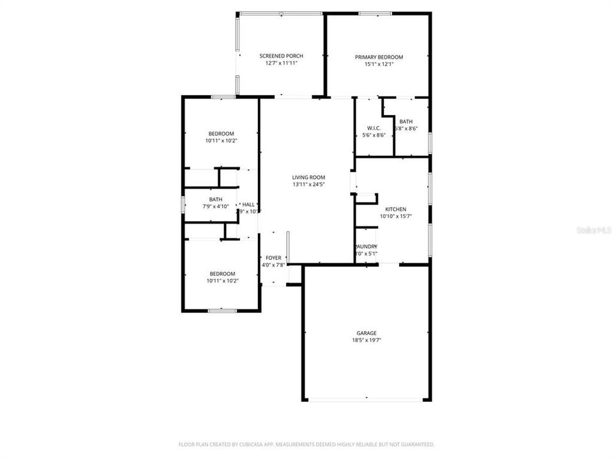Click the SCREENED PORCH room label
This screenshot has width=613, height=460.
[281, 56]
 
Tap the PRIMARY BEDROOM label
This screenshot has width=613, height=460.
[379, 57]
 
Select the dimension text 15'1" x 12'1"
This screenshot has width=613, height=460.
[379, 64]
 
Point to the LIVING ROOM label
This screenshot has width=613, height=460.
[309, 178]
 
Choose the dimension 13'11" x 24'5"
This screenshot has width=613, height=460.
[309, 185]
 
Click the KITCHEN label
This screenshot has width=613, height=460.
[396, 210]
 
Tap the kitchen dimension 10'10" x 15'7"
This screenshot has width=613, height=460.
[396, 217]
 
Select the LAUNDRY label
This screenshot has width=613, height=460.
[367, 247]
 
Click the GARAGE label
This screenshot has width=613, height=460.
[367, 333]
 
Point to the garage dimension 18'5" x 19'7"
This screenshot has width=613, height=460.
[367, 340]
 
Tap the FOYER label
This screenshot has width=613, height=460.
[273, 257]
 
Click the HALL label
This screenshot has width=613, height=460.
[248, 204]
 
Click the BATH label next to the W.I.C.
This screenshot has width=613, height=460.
[406, 121]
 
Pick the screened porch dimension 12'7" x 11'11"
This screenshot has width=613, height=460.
[281, 63]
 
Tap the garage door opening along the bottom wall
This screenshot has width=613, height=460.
[367, 400]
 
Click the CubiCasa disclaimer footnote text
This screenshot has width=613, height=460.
[306, 444]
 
